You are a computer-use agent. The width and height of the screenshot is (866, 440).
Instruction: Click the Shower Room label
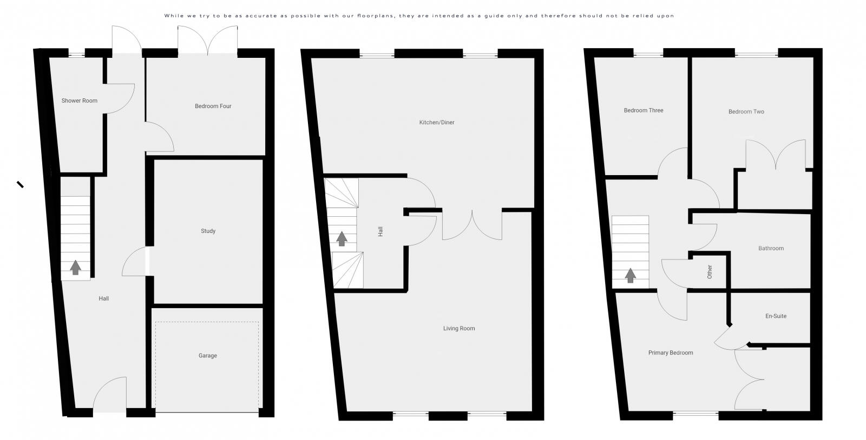pyautogui.click(x=79, y=101)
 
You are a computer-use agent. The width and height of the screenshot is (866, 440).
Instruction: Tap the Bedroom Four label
pyautogui.click(x=213, y=106)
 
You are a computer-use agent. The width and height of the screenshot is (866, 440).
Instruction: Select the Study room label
pyautogui.click(x=208, y=231)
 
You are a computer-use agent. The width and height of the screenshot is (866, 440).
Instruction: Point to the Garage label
pyautogui.click(x=207, y=356)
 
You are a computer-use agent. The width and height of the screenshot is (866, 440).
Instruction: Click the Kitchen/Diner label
pyautogui.click(x=437, y=123)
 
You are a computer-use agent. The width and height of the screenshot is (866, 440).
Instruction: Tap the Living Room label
pyautogui.click(x=459, y=329)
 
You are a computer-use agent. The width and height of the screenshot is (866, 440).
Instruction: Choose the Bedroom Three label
pyautogui.click(x=643, y=111)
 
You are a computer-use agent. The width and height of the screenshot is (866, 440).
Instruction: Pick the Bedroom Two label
pyautogui.click(x=746, y=112)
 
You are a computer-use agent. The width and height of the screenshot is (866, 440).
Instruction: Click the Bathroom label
pyautogui.click(x=771, y=249)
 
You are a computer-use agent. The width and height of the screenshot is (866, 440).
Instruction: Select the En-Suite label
pyautogui.click(x=776, y=316)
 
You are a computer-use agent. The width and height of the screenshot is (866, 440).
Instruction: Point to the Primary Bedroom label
pyautogui.click(x=670, y=353)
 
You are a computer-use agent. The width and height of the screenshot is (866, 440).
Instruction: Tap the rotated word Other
pyautogui.click(x=710, y=271)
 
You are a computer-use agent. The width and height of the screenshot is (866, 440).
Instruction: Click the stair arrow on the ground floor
pyautogui.click(x=75, y=267)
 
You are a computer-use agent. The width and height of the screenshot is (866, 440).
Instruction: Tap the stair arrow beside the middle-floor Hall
pyautogui.click(x=342, y=238)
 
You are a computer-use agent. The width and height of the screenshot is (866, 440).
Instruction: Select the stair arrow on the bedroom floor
pyautogui.click(x=630, y=276)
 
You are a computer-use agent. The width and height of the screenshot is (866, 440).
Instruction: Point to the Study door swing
pyautogui.click(x=134, y=261)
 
